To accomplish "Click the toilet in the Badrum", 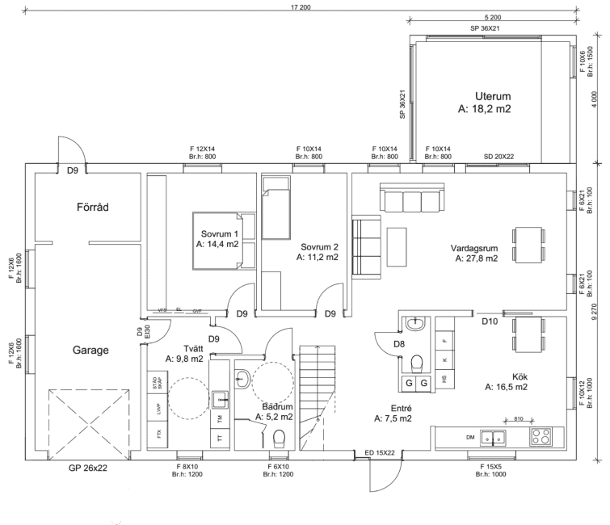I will point(280,438).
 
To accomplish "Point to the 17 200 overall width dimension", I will point(301,6).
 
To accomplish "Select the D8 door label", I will point(398,345).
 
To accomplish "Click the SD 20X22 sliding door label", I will point(499,157).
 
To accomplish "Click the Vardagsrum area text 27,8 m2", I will point(475,259).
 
